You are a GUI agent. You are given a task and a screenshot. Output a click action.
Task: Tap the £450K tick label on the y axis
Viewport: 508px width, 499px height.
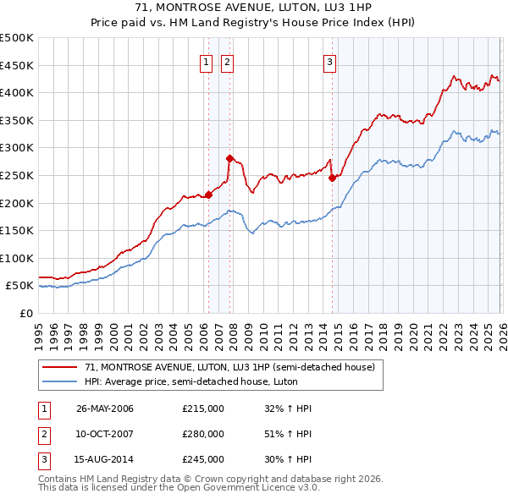pyautogui.click(x=17, y=65)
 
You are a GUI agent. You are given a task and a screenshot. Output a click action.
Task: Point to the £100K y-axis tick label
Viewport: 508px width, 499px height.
pyautogui.click(x=17, y=258)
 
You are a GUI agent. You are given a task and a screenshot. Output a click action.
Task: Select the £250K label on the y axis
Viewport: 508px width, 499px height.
pyautogui.click(x=17, y=175)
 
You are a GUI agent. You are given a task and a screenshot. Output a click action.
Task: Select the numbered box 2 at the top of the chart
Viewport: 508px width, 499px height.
pyautogui.click(x=228, y=61)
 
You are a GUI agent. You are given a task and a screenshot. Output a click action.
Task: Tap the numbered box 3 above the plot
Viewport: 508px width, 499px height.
pyautogui.click(x=329, y=61)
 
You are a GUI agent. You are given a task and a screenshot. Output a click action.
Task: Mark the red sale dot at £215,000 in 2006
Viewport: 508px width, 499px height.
pyautogui.click(x=208, y=195)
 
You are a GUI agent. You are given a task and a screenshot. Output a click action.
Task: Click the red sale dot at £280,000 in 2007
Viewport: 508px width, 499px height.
pyautogui.click(x=229, y=158)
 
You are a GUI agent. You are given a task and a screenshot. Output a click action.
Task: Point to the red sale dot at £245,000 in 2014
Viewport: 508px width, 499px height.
pyautogui.click(x=332, y=178)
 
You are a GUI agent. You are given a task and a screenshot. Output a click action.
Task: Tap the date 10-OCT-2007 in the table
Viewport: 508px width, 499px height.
pyautogui.click(x=105, y=434)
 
